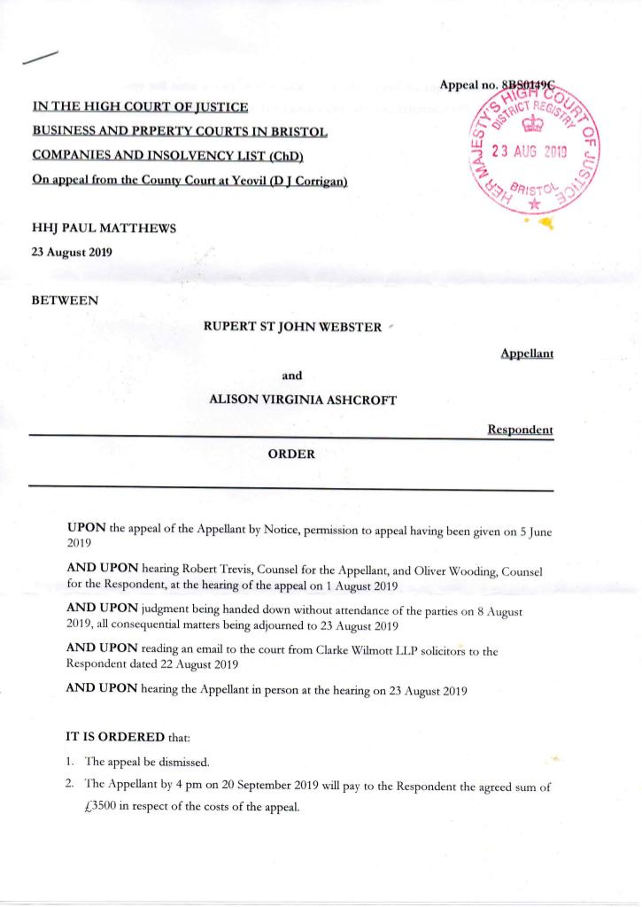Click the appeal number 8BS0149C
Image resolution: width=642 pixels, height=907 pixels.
(534, 85)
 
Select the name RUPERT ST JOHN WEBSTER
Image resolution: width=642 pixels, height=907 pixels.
(292, 327)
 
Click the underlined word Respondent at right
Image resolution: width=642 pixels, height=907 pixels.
(520, 430)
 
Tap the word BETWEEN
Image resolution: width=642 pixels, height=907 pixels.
(65, 300)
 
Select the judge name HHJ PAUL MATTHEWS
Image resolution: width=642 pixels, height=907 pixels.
(104, 228)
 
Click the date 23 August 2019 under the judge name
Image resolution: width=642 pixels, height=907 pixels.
(73, 251)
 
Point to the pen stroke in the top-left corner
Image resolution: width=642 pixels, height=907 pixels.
(42, 58)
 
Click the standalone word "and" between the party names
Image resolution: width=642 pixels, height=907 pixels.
(291, 375)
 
